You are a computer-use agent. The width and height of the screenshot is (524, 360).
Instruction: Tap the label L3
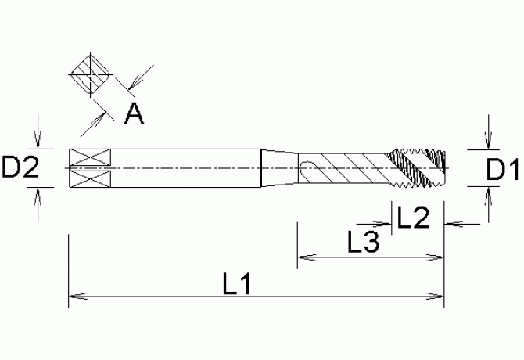(x=363, y=243)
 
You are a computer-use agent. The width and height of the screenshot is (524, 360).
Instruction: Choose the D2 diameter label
(x=20, y=167)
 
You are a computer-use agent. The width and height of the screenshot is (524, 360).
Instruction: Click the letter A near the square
(x=134, y=115)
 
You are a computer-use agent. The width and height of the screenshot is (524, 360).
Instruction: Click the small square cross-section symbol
(x=92, y=78)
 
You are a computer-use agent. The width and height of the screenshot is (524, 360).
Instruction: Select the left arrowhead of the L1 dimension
(x=75, y=297)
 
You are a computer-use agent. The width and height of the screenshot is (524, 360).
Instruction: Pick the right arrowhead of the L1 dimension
(x=438, y=297)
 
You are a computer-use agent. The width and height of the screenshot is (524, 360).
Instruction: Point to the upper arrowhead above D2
(x=38, y=142)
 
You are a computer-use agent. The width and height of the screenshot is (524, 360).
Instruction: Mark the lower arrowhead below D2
(x=38, y=193)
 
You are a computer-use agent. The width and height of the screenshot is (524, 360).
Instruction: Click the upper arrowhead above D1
(x=487, y=142)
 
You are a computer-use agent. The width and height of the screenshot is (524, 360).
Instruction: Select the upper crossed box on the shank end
(x=84, y=156)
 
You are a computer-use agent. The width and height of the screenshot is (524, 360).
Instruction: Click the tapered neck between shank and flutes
(x=278, y=167)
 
